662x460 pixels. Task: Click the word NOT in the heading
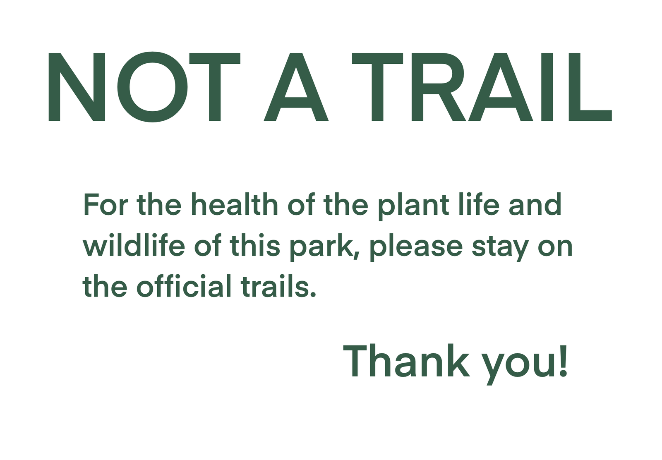(x=144, y=87)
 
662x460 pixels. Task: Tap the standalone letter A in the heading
(x=296, y=87)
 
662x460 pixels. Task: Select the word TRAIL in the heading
(x=482, y=87)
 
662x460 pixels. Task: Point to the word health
(x=235, y=204)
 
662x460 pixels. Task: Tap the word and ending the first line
(x=535, y=204)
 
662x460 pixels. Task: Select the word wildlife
(x=134, y=245)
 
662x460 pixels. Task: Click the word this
(x=254, y=245)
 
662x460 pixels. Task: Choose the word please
(x=416, y=247)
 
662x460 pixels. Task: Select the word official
(x=184, y=285)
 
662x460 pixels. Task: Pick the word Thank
(x=406, y=360)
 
